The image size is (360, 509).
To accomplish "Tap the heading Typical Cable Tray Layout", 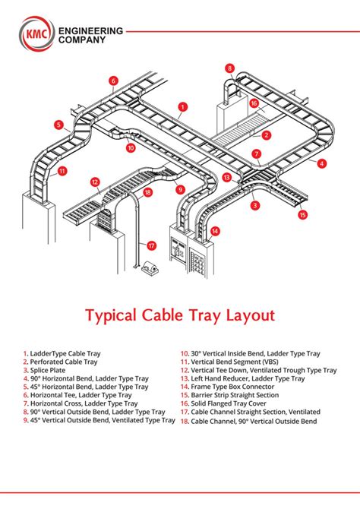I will coord(179,315).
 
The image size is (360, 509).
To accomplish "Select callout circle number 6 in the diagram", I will coord(113,81).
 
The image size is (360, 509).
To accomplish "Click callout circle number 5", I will coord(58,125).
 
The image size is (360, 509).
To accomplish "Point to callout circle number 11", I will coord(62,171).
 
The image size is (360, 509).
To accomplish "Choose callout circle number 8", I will coord(229,68).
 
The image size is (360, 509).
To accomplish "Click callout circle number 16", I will coord(254,103).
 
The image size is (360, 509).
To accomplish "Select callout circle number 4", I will coord(322,163).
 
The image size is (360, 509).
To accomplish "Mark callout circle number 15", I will coord(303,215).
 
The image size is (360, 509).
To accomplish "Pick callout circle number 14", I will coord(216,230).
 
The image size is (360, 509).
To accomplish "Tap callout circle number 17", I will coord(151,245).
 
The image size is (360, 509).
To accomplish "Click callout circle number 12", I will coord(96,182).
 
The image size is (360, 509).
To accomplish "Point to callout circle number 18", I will coord(147,193).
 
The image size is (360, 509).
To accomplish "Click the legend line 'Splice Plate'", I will coord(53,369).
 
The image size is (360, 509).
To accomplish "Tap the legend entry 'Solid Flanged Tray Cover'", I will coord(240,403).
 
